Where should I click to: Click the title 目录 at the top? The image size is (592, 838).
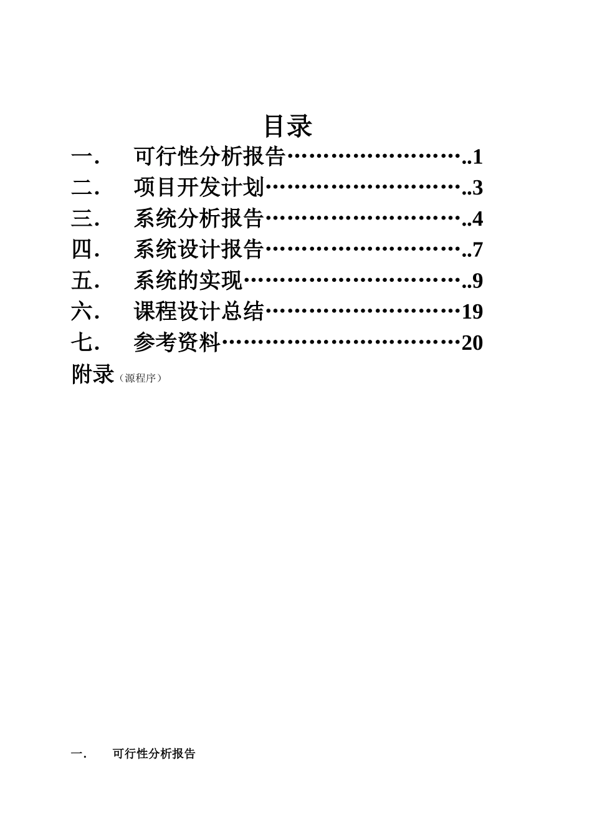pos(288,125)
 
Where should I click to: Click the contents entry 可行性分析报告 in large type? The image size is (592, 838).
pos(209,157)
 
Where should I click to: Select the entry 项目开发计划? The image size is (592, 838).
pos(199,188)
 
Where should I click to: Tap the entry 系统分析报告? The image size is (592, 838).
pos(199,219)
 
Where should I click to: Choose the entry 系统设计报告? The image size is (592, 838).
pos(199,249)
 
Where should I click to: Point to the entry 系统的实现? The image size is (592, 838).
pos(188,281)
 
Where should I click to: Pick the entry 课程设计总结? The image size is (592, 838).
pos(199,311)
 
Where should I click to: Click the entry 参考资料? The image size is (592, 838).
pos(177,342)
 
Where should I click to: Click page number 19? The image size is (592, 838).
pos(472,312)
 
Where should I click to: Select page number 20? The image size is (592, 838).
pos(472,343)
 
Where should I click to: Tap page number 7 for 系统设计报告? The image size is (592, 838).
pos(478,250)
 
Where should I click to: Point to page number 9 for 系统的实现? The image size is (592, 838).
pos(478,281)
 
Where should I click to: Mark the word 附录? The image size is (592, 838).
pos(93,374)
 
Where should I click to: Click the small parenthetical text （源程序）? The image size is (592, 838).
pos(140,378)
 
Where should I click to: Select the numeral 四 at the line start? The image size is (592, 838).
pos(82,249)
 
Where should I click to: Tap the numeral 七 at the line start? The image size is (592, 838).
pos(82,342)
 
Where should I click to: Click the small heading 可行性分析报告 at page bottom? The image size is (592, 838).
pos(154,754)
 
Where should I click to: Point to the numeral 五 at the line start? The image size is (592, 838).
pos(82,281)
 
